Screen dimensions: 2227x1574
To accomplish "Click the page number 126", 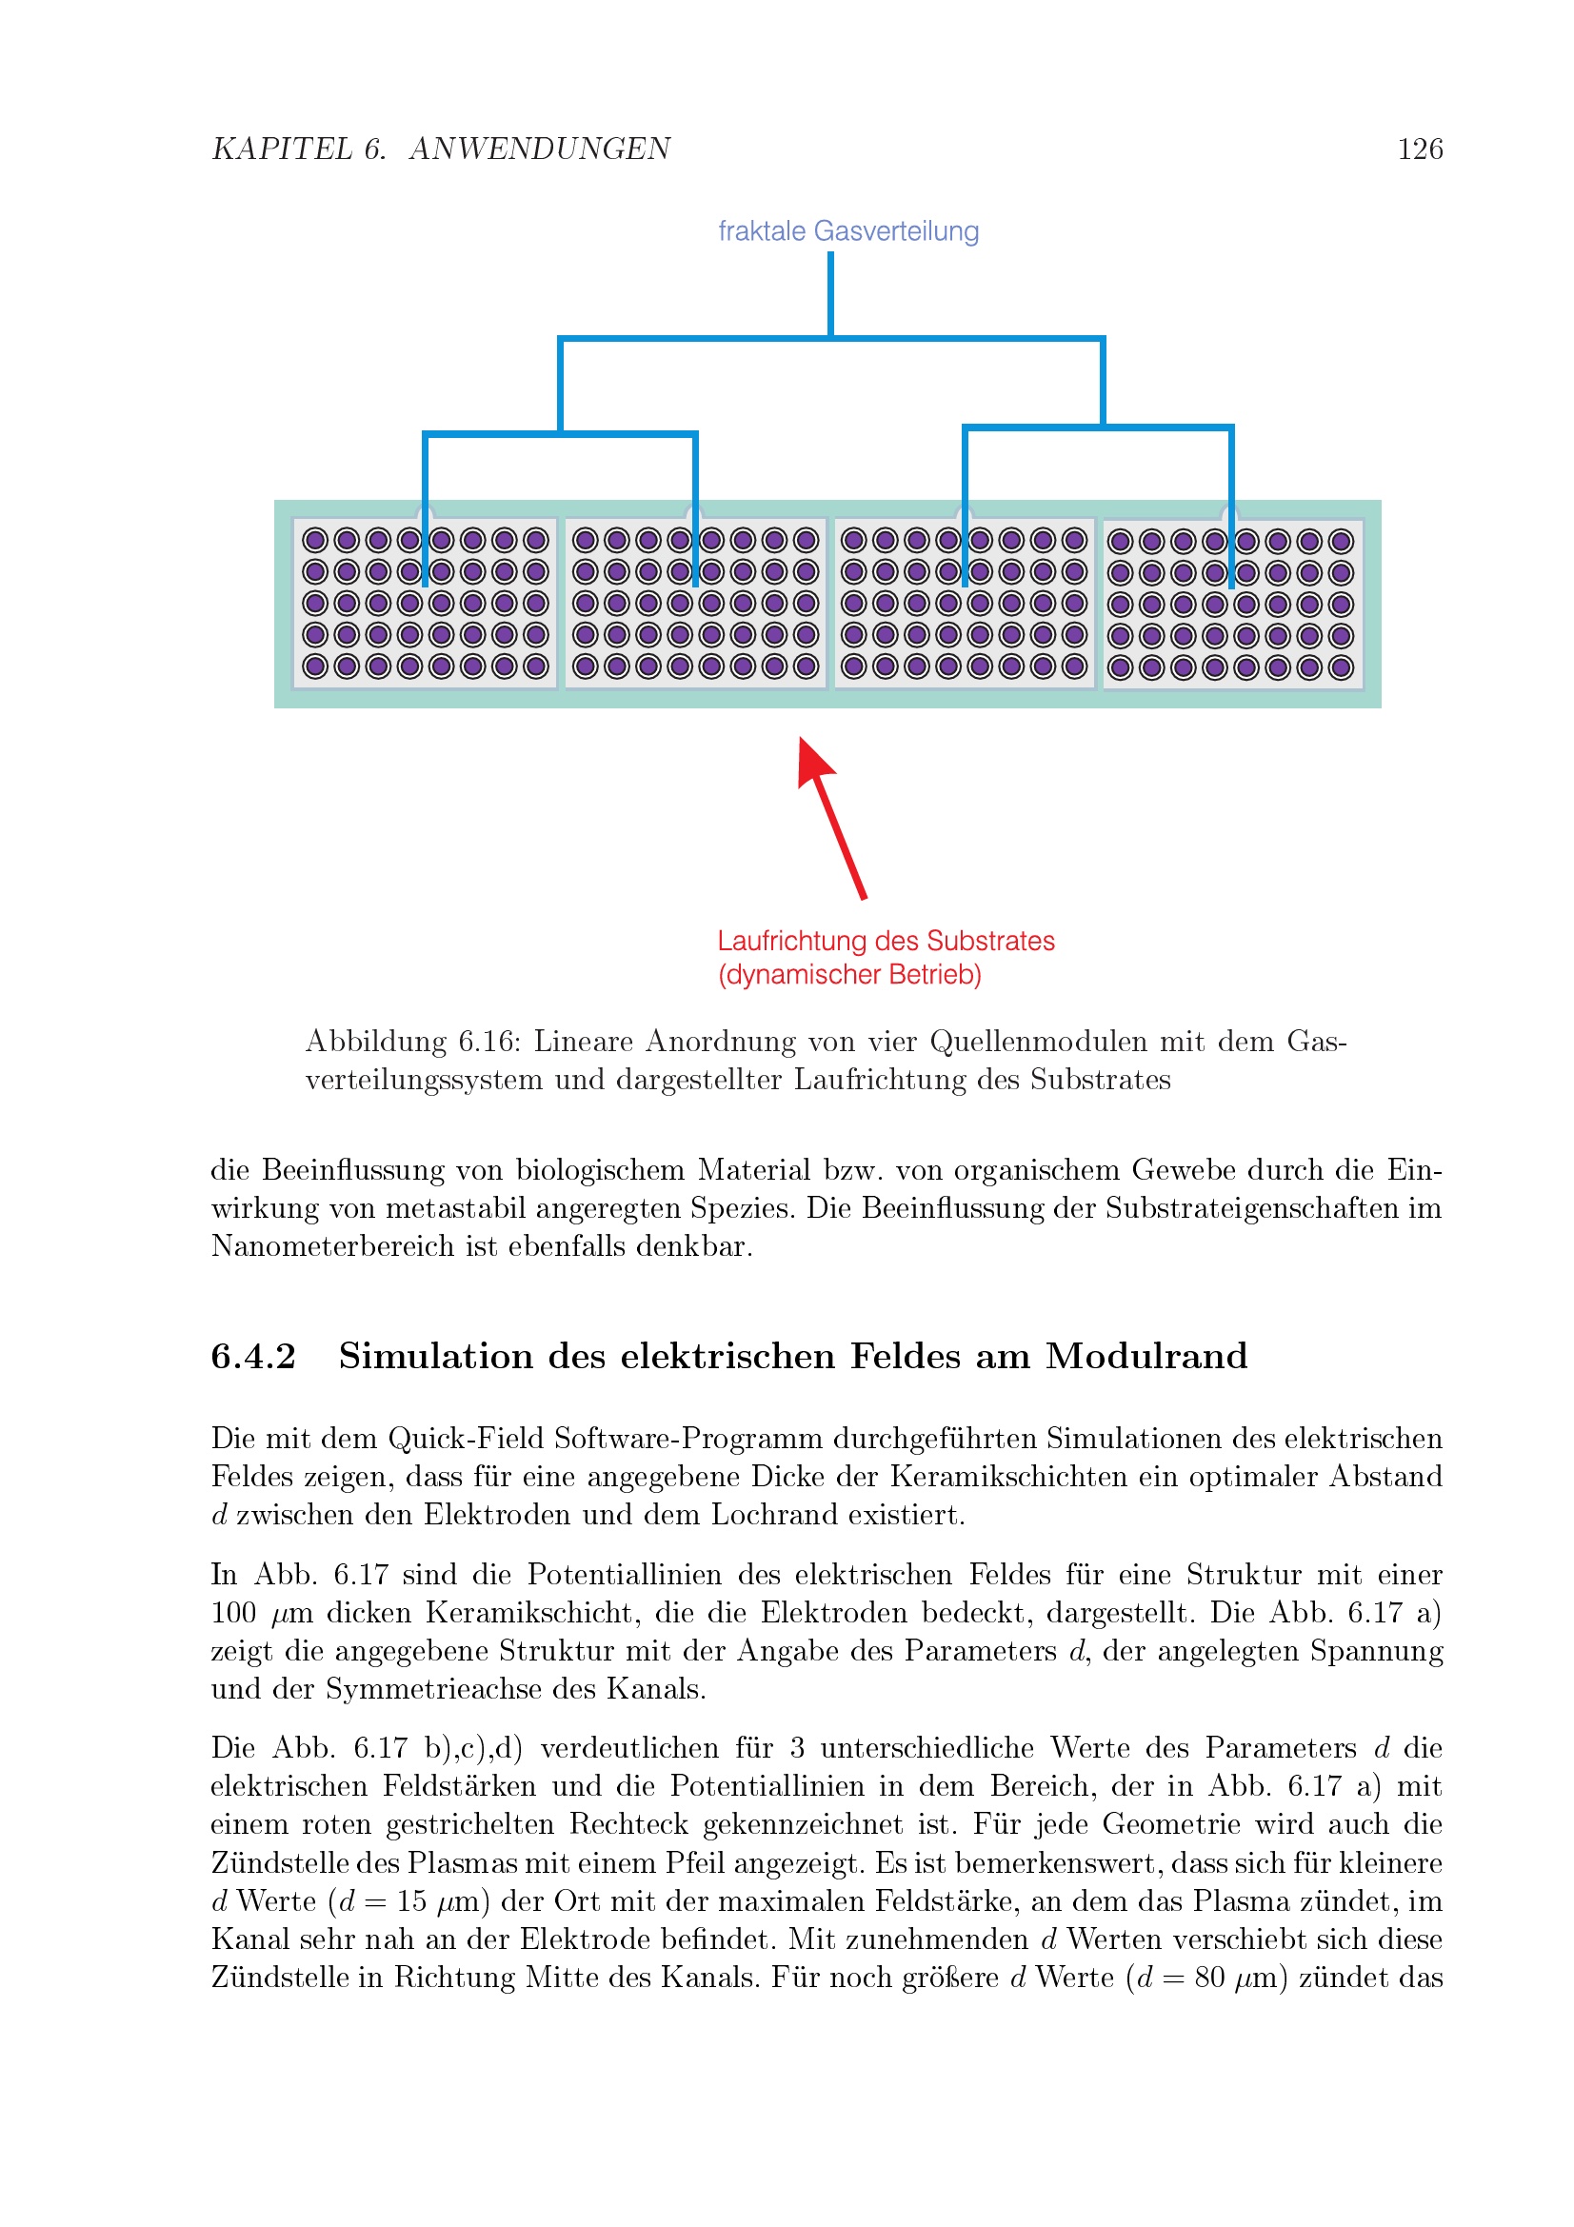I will pos(1419,149).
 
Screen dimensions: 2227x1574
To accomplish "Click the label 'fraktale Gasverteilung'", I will pos(847,230).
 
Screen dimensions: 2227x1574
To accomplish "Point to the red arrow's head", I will pos(810,756).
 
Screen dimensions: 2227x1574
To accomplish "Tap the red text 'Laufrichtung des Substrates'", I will pos(886,941).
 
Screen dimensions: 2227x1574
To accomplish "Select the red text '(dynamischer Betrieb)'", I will pos(849,974).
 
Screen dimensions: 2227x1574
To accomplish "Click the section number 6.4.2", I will pos(253,1356).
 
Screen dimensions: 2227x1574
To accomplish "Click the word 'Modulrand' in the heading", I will pos(1146,1356).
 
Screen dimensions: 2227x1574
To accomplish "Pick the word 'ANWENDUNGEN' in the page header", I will pos(539,149).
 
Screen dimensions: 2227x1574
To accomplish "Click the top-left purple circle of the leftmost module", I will pos(315,540).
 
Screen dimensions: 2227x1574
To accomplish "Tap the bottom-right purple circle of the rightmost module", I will pos(1341,667).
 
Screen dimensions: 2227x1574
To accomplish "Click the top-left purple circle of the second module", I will pos(585,540).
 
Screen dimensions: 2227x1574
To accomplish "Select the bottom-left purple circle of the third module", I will pos(853,666).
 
